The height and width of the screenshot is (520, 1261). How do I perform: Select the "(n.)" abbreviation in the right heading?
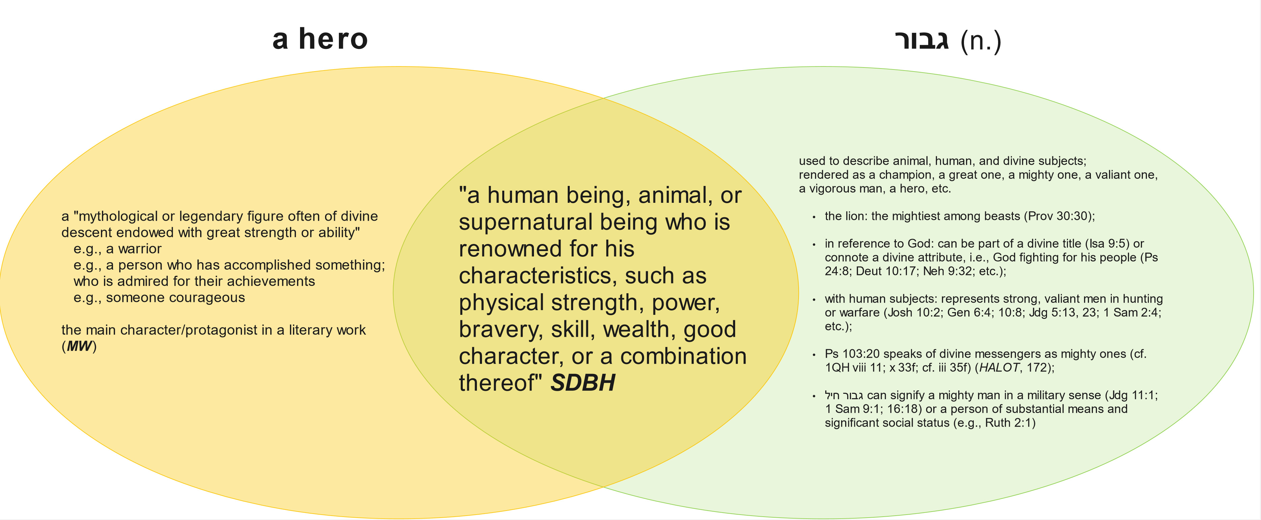click(x=981, y=42)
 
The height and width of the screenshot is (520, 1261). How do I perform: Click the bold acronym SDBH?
click(x=583, y=383)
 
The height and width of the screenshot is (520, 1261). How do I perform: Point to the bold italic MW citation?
click(x=79, y=346)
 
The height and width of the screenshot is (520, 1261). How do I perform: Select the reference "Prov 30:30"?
click(x=1059, y=216)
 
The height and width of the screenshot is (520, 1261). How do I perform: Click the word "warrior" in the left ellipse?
click(x=140, y=249)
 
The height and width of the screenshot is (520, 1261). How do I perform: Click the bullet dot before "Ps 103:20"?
click(x=813, y=355)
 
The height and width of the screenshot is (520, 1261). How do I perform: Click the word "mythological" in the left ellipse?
click(x=118, y=217)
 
